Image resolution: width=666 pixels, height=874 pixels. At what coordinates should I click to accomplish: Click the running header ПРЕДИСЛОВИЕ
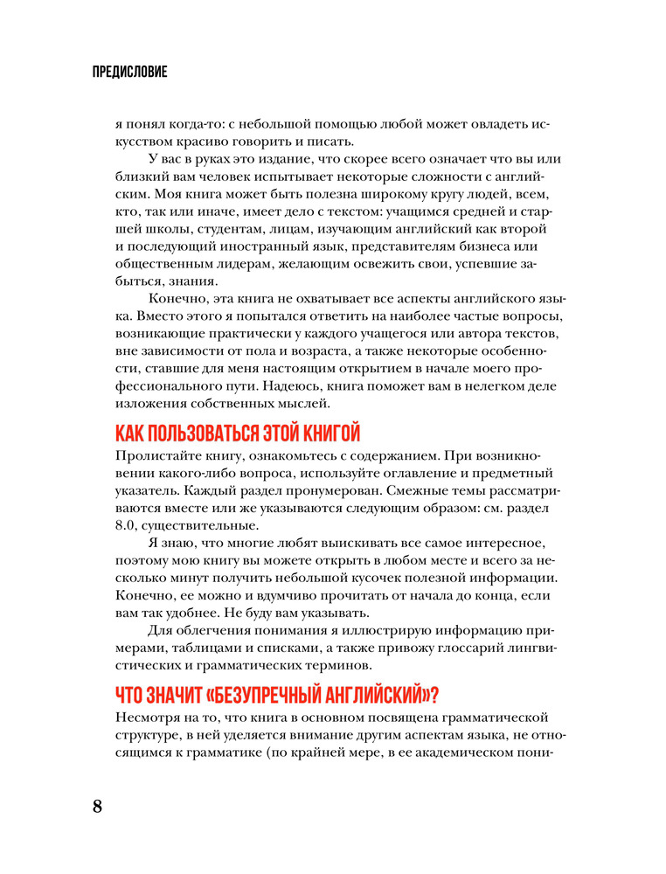pos(128,73)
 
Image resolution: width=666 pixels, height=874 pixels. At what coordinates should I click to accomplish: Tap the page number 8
pos(97,805)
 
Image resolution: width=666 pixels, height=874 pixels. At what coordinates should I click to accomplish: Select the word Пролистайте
pos(156,455)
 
